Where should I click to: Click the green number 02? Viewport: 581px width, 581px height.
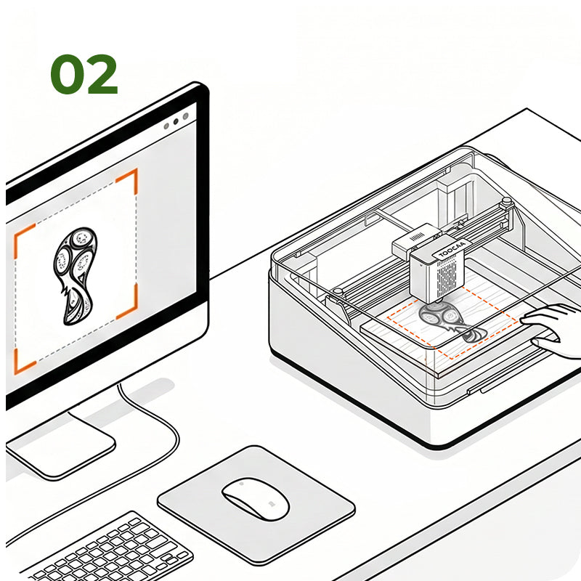[84, 74]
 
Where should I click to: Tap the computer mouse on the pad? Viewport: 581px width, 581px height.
[256, 498]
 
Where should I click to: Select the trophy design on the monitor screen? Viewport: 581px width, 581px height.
[76, 276]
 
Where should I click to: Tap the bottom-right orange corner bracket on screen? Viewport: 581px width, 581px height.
[128, 302]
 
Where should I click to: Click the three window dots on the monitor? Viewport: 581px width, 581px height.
[176, 121]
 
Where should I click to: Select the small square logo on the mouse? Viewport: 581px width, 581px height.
[272, 503]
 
